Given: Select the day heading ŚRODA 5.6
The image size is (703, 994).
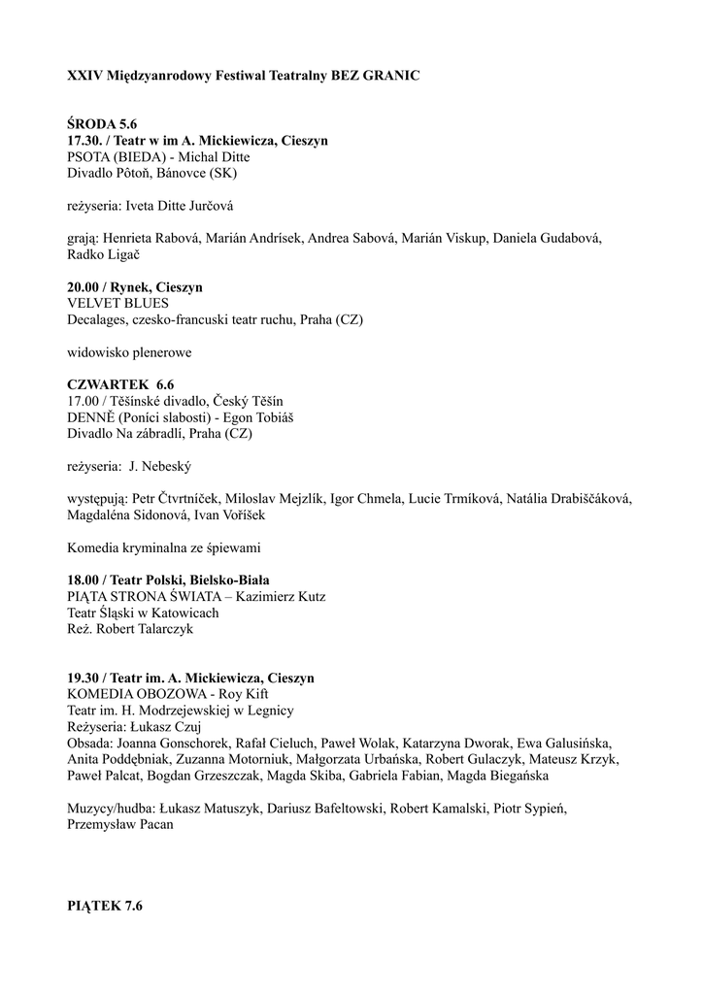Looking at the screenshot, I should click(102, 125).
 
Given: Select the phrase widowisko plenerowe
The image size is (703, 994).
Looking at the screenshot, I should click(129, 352).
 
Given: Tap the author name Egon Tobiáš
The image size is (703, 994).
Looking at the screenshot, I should click(257, 417).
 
